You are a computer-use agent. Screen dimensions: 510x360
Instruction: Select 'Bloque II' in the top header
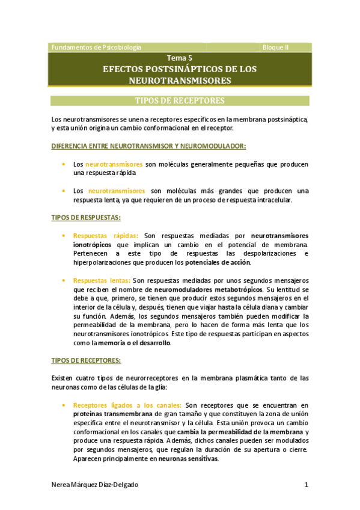[276, 47]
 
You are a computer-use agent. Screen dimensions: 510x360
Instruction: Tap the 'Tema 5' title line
[180, 58]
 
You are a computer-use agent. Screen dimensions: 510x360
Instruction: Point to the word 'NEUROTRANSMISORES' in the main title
[180, 80]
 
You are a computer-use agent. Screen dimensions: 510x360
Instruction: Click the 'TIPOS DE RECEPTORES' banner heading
[180, 100]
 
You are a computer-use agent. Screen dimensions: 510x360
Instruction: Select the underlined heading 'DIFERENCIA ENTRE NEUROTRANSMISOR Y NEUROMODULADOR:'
[148, 146]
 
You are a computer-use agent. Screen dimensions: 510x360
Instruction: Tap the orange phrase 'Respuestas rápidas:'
[106, 235]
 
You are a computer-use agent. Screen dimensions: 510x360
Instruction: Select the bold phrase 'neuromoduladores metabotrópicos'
[214, 289]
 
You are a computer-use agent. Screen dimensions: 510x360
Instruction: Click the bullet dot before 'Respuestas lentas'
[64, 280]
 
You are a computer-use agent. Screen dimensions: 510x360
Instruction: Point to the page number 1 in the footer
[307, 485]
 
